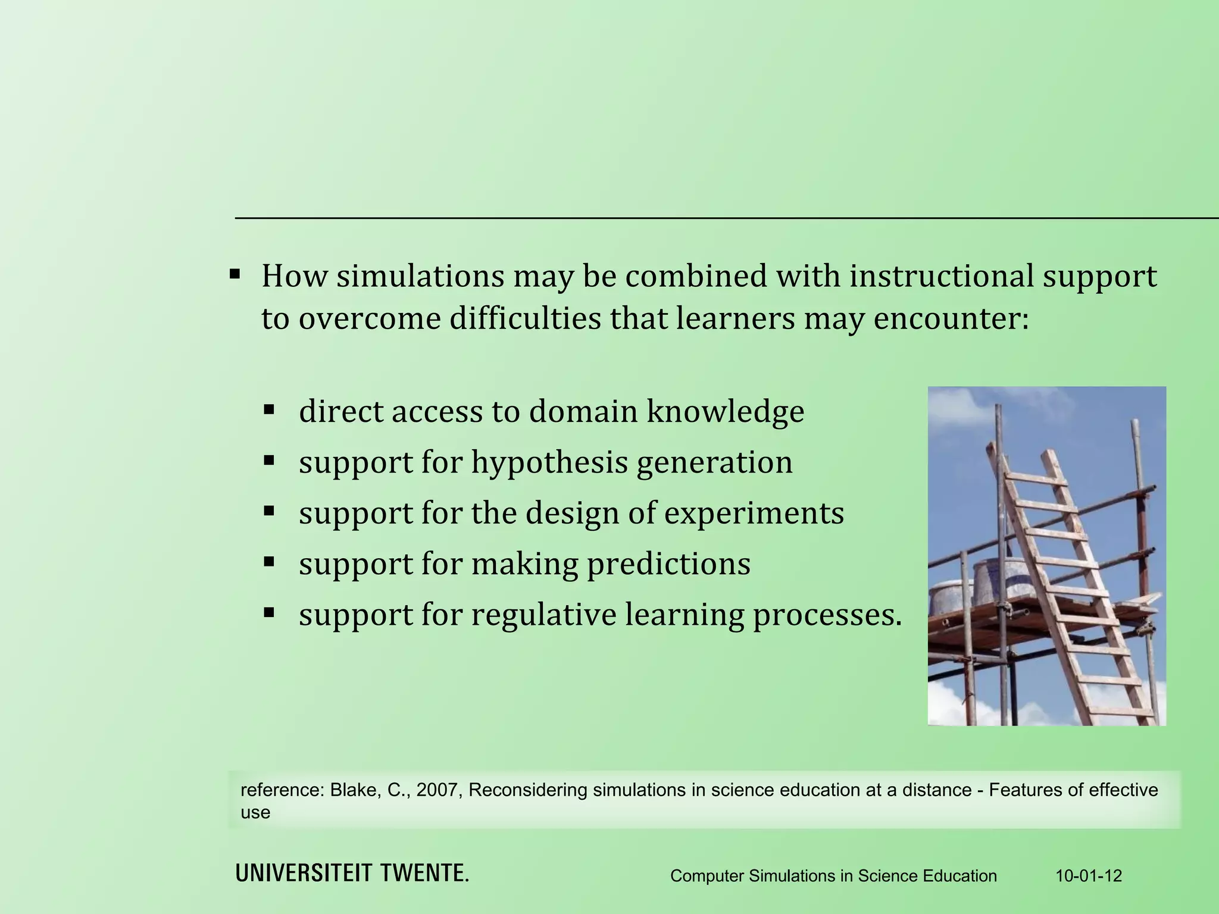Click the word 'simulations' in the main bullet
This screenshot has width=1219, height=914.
420,277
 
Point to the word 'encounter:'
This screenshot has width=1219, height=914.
951,319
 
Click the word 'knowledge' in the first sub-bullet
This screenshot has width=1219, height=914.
726,412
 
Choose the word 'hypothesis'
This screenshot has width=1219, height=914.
549,463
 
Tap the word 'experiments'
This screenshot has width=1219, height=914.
754,514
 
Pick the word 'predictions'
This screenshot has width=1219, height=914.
669,564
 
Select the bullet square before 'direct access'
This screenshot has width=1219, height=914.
269,409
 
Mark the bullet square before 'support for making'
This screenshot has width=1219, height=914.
269,561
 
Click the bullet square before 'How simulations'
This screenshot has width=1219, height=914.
235,275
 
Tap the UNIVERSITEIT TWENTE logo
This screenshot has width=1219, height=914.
352,874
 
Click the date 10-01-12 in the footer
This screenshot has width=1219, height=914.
1089,876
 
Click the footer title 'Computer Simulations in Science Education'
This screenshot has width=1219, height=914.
833,876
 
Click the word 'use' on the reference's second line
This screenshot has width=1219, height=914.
255,813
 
